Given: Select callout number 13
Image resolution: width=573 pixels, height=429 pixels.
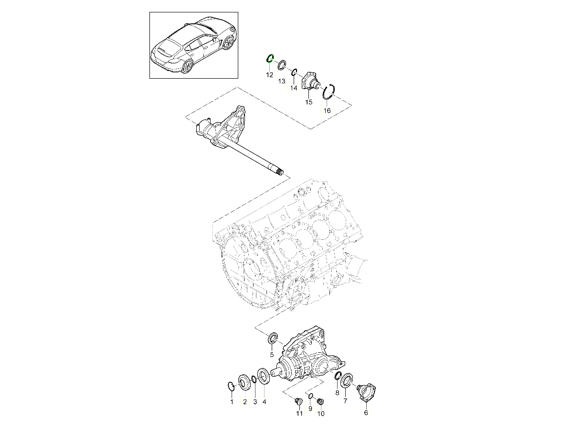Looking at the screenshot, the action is click(x=281, y=82).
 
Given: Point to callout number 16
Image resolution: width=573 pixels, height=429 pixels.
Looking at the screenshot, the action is click(x=327, y=111).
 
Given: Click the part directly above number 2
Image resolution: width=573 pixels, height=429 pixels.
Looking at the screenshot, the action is click(x=61, y=383).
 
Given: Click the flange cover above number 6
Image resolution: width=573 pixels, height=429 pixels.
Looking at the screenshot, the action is click(x=367, y=393).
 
